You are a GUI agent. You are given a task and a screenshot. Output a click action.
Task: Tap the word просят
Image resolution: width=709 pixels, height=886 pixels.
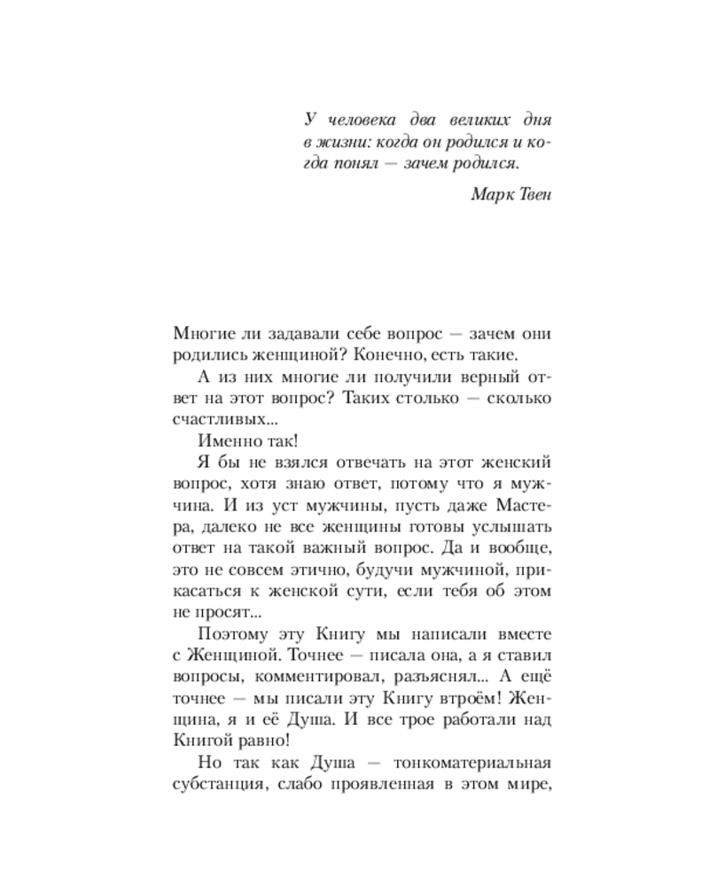(223, 612)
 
